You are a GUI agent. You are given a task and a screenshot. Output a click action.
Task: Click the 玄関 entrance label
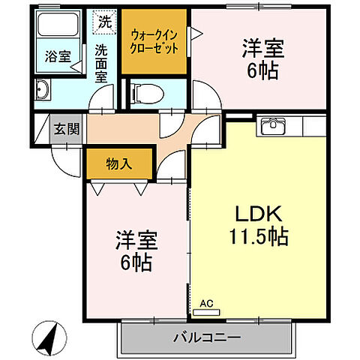[61, 127]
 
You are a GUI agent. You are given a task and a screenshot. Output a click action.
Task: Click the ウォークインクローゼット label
[154, 39]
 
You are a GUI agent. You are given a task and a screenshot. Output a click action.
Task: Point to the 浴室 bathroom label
[55, 55]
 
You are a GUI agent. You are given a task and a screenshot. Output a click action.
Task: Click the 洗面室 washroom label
[103, 64]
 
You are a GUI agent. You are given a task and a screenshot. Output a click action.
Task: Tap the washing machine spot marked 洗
[104, 22]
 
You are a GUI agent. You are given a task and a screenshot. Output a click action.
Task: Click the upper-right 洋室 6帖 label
[262, 59]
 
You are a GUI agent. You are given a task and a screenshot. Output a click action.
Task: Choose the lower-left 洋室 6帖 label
[135, 251]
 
